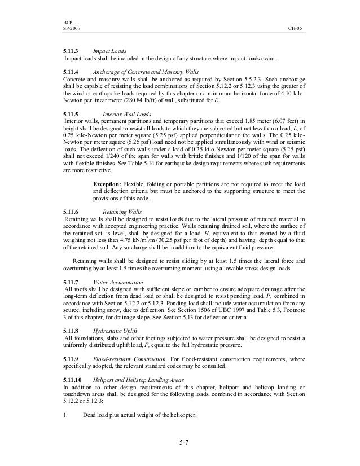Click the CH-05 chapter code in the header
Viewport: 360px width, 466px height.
[x=295, y=28]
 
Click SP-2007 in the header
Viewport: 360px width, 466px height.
[x=72, y=28]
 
